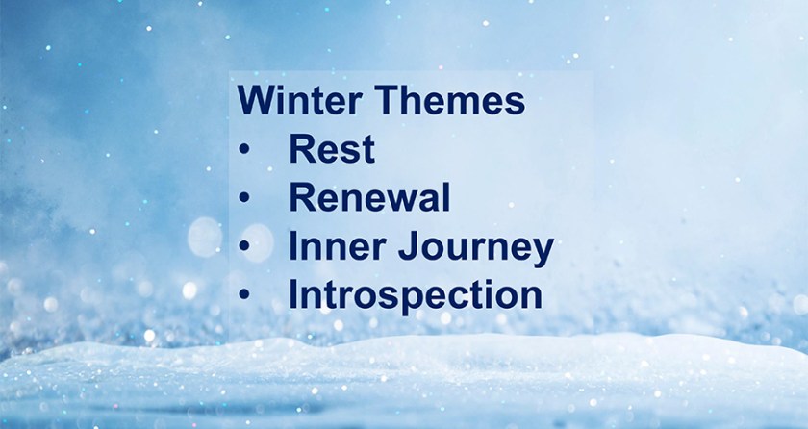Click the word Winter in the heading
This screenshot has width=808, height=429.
click(299, 100)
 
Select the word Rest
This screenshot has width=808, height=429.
click(332, 149)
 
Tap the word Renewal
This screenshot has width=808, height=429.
click(369, 197)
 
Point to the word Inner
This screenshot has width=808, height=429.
click(337, 246)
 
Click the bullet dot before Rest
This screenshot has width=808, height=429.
click(243, 149)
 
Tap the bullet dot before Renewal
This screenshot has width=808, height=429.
click(243, 198)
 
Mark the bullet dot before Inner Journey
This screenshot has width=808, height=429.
click(243, 246)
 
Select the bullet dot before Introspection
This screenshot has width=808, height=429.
click(243, 294)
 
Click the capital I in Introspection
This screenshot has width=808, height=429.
click(292, 294)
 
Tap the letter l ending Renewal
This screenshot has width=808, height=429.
click(446, 197)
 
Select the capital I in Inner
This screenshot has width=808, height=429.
click(292, 246)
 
